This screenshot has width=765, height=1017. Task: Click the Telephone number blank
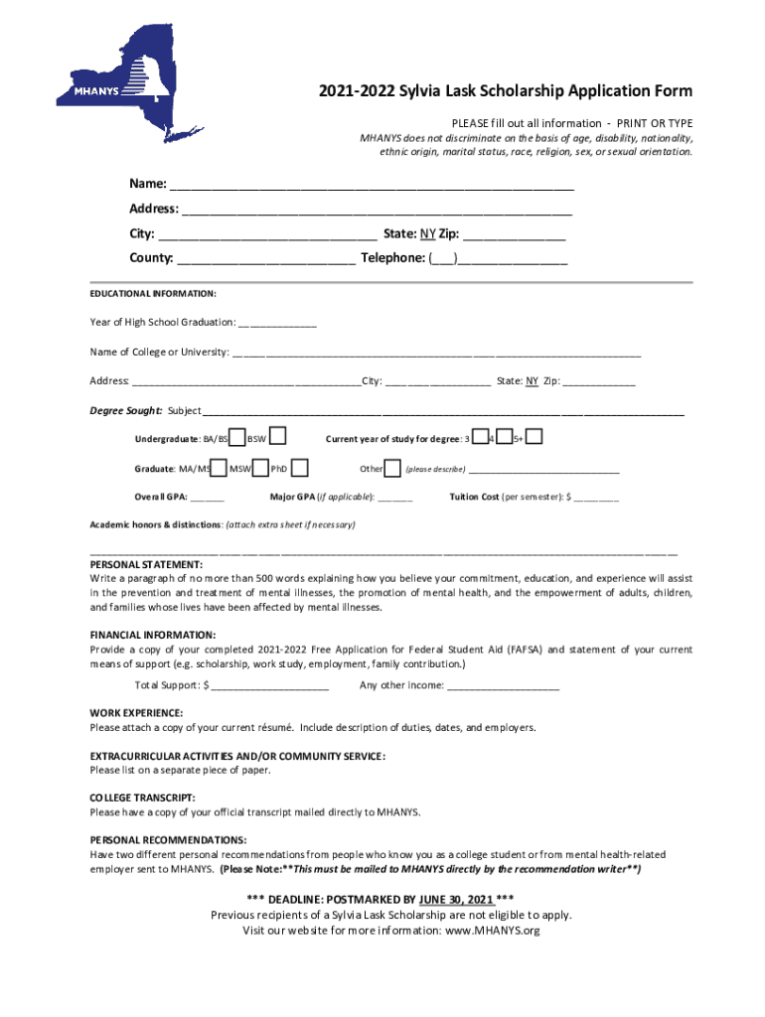[x=512, y=258]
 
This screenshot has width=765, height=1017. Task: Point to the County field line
[x=266, y=258]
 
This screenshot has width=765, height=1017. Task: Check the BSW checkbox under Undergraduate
[x=279, y=436]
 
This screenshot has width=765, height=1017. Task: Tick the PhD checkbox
[x=299, y=467]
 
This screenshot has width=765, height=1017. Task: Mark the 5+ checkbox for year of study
[x=535, y=436]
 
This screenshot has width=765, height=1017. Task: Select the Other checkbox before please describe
[x=392, y=468]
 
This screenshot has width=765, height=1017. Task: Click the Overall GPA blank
[x=207, y=497]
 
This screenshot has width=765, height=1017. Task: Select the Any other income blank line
[x=504, y=685]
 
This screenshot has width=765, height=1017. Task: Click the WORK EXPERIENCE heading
[x=136, y=713]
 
